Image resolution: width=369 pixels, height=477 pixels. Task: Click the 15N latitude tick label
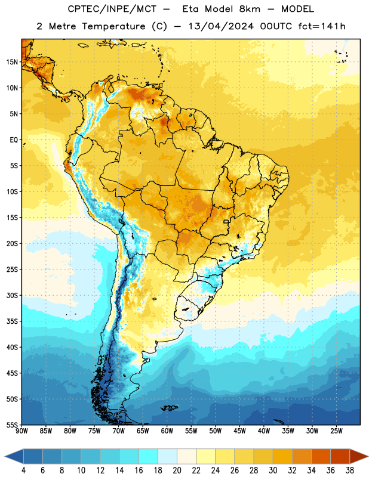[x=12, y=62]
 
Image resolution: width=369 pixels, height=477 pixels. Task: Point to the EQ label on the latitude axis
[x=14, y=140]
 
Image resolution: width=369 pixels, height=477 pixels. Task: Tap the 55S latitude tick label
[x=12, y=425]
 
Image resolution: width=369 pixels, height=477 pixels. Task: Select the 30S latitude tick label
[x=12, y=295]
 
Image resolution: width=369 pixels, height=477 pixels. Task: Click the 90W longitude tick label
[x=22, y=430]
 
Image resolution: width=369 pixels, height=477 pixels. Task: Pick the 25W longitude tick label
[x=336, y=430]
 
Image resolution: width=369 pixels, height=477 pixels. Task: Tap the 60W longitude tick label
[x=167, y=430]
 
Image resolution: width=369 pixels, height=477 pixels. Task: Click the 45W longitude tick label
[x=239, y=430]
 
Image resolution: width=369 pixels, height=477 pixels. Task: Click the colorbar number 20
[x=177, y=470]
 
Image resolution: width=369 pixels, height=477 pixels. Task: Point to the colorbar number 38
[x=350, y=470]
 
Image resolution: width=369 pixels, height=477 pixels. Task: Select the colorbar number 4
[x=23, y=470]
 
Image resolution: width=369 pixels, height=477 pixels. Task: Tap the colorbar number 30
[x=273, y=470]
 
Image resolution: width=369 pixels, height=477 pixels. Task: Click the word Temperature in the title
[x=113, y=26]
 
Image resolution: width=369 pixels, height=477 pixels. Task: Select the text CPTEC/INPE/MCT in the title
[x=112, y=9]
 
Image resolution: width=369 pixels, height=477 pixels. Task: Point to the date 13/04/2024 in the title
[x=221, y=26]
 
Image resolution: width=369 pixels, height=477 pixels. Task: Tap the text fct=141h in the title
[x=322, y=26]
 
